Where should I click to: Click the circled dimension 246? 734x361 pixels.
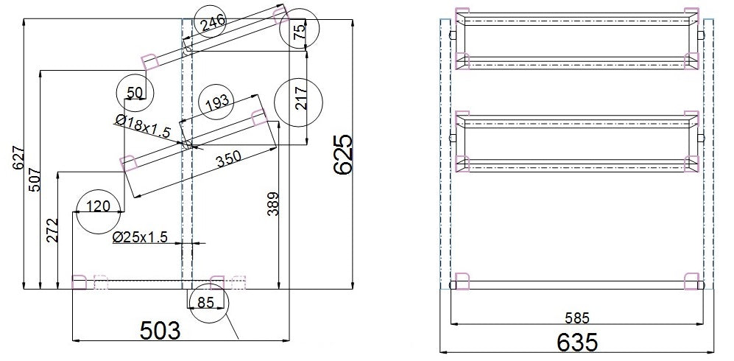(x=212, y=23)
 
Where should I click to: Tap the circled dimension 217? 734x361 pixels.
(x=300, y=103)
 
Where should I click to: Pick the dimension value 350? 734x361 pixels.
(x=230, y=161)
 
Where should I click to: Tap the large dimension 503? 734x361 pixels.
(x=160, y=332)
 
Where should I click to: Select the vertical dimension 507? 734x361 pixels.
(x=35, y=180)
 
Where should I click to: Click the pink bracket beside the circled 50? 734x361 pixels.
(x=150, y=62)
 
